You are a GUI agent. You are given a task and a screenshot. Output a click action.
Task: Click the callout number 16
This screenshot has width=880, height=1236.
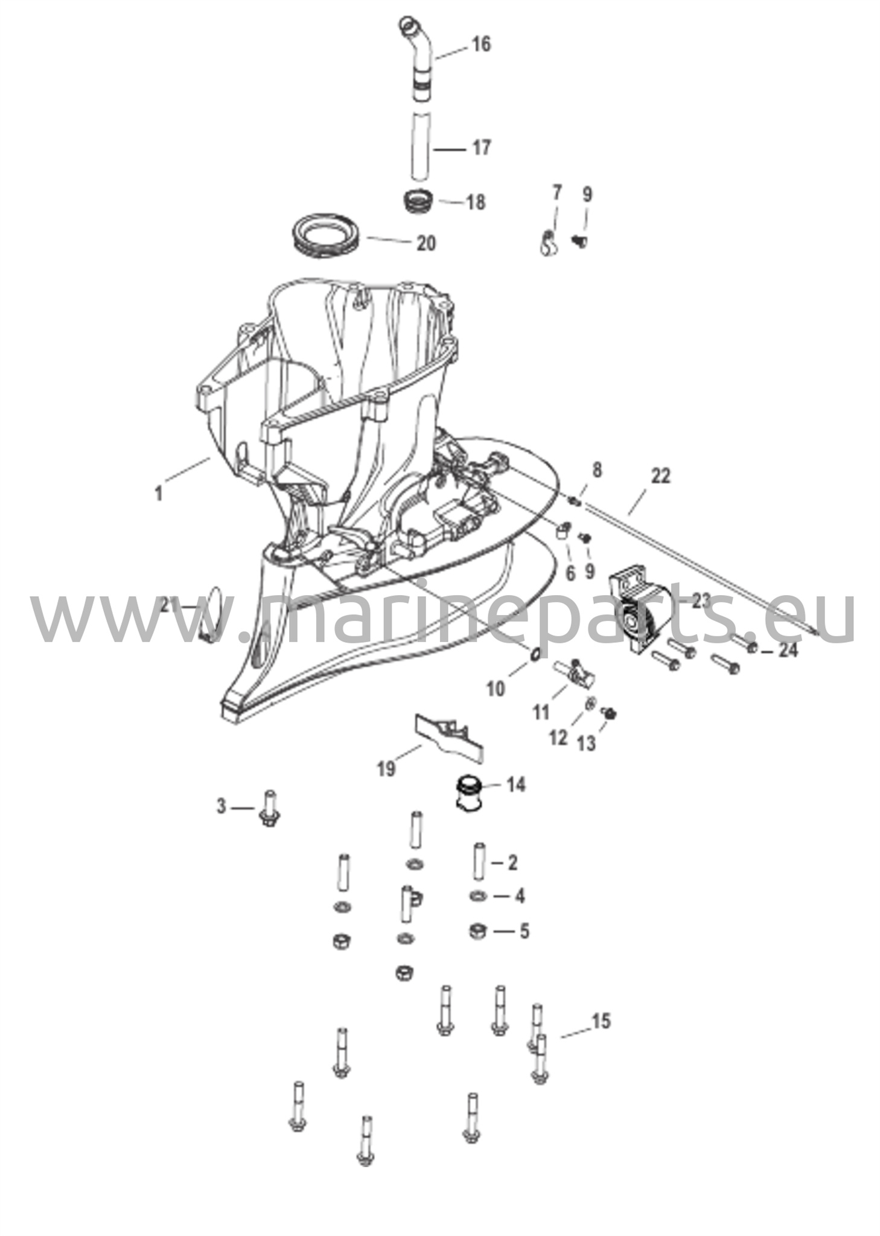(x=481, y=44)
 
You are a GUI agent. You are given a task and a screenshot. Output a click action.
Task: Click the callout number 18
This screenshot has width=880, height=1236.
(x=476, y=202)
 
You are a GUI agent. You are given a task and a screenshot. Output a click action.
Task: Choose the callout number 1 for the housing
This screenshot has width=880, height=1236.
(x=159, y=494)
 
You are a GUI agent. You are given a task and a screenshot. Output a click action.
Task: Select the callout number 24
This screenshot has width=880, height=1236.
(x=787, y=651)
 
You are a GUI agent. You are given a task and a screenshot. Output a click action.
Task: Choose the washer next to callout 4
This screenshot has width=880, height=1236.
(x=477, y=896)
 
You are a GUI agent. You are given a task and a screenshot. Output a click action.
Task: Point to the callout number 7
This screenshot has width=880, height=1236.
(x=556, y=193)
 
